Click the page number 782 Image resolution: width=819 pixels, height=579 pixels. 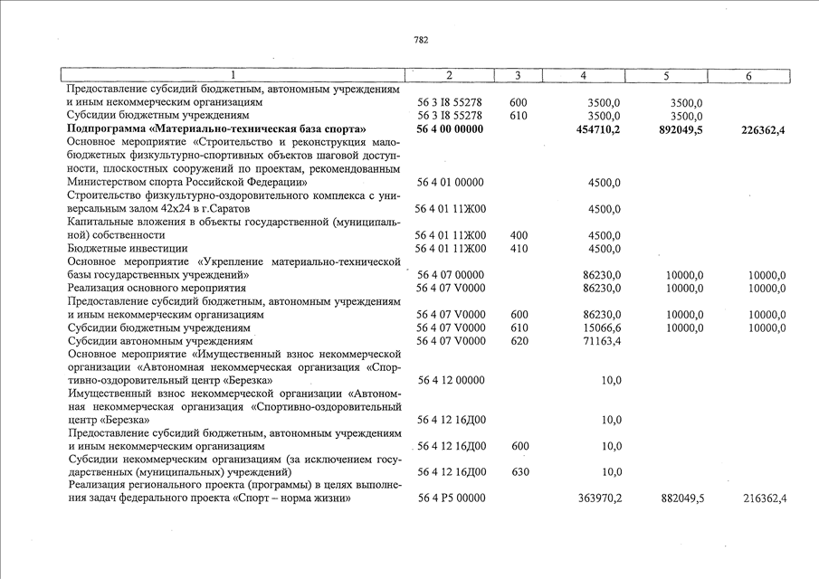[421, 40]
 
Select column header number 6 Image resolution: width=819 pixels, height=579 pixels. [748, 77]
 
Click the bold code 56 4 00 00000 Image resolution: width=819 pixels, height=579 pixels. [450, 130]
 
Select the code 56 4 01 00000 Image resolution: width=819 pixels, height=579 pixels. [450, 184]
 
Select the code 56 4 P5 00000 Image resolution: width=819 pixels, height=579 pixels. [450, 498]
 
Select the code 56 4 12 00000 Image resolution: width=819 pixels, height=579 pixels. [450, 381]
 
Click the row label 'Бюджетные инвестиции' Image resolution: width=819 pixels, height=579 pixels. [128, 249]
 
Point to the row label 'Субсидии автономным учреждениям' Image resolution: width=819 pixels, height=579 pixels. [160, 342]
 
